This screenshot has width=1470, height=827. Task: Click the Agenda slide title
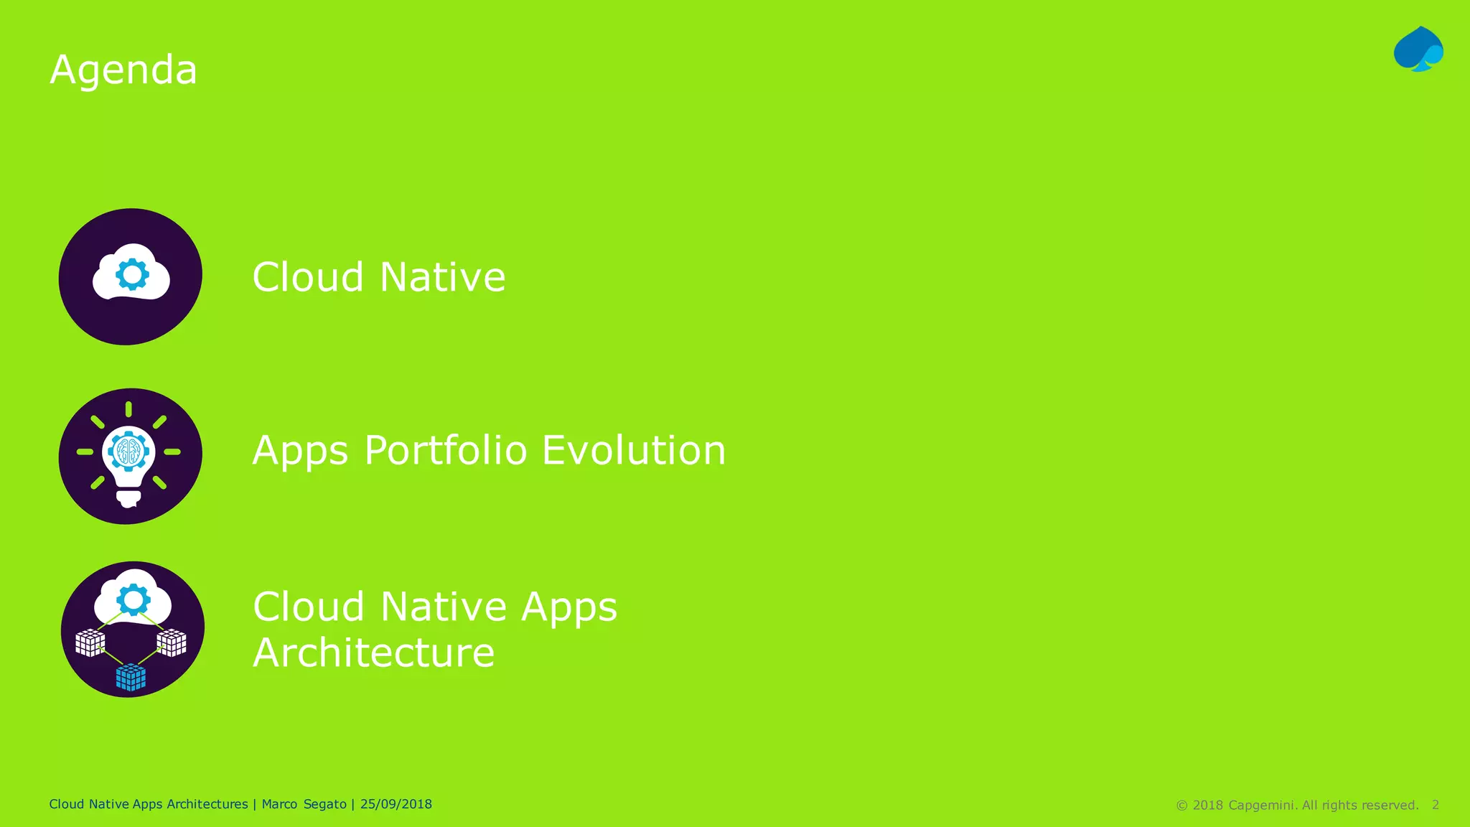pyautogui.click(x=123, y=70)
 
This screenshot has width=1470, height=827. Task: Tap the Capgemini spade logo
pyautogui.click(x=1418, y=50)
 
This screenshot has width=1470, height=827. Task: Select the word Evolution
pyautogui.click(x=634, y=451)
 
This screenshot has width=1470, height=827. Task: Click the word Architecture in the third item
pyautogui.click(x=373, y=653)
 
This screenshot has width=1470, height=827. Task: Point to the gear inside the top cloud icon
pyautogui.click(x=132, y=274)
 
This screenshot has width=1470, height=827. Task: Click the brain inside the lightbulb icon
pyautogui.click(x=128, y=452)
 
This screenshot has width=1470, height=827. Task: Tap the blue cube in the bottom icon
pyautogui.click(x=131, y=677)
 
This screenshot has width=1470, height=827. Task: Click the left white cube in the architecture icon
pyautogui.click(x=90, y=643)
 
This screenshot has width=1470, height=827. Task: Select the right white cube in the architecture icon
pyautogui.click(x=172, y=642)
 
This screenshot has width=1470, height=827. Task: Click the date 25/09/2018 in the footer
pyautogui.click(x=395, y=804)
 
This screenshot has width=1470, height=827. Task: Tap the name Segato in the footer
pyautogui.click(x=325, y=804)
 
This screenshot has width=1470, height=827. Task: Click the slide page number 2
pyautogui.click(x=1435, y=805)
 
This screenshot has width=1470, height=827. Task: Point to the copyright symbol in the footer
pyautogui.click(x=1181, y=805)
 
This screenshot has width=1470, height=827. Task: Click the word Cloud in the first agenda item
pyautogui.click(x=308, y=277)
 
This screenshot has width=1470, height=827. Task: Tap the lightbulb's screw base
pyautogui.click(x=128, y=497)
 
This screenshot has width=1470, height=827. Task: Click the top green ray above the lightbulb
pyautogui.click(x=128, y=409)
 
